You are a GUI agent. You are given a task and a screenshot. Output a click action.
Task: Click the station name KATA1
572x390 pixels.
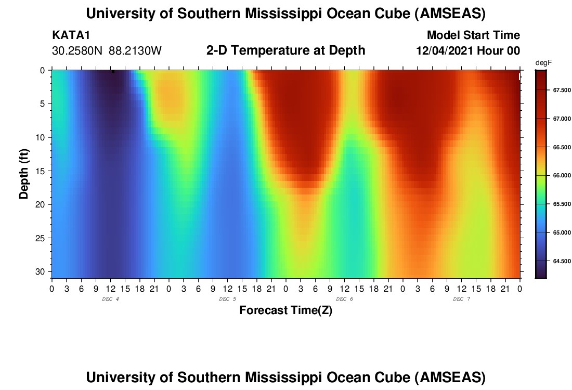pos(71,35)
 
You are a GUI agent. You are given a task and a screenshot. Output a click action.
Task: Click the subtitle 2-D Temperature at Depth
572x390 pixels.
pos(285,50)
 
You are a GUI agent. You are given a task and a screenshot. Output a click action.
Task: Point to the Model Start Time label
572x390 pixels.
pos(473,35)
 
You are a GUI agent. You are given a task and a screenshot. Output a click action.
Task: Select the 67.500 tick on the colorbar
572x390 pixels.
pos(558,90)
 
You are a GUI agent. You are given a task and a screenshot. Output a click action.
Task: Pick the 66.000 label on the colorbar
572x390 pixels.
pos(558,176)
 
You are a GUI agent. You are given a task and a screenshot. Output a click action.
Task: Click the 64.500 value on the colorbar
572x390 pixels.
pos(558,261)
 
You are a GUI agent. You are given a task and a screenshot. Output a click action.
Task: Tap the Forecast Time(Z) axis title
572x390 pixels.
pos(285,311)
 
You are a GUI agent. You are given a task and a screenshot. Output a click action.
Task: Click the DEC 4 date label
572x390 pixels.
pos(111,299)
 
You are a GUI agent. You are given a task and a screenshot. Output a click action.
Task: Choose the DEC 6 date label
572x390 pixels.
pos(345,299)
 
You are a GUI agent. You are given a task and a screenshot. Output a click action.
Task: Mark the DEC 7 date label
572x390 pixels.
pos(462,299)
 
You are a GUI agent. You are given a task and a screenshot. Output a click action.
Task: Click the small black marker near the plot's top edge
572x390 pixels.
pos(113,72)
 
